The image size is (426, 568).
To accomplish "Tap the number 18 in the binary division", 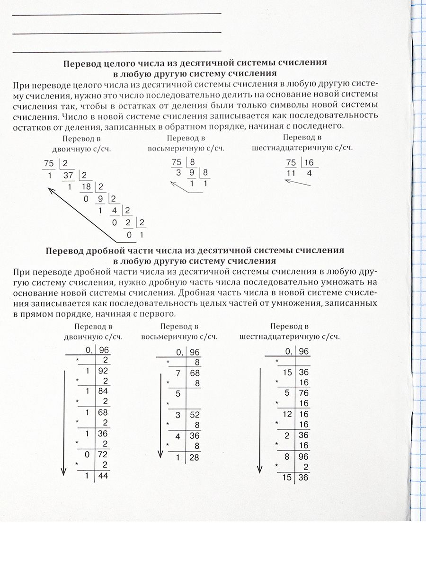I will (86, 187).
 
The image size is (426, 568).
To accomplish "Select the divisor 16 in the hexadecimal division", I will (309, 163).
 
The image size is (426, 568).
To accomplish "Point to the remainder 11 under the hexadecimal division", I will (291, 174).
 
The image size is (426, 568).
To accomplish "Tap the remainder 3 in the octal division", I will (179, 173).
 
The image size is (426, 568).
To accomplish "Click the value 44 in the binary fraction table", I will (103, 476).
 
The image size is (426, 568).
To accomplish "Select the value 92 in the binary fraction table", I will (103, 371).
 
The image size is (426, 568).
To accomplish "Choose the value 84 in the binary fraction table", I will (103, 391).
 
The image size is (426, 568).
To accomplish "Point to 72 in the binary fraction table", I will (103, 454).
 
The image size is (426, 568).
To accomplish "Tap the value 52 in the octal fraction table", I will (194, 415).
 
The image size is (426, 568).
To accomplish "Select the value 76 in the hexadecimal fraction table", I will (303, 393).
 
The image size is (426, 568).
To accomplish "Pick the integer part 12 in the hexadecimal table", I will (287, 414).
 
